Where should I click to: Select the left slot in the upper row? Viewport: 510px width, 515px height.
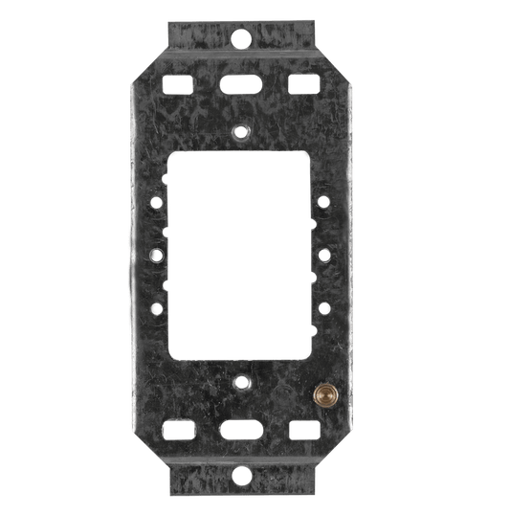(179, 83)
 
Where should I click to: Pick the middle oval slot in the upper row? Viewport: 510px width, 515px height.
(239, 83)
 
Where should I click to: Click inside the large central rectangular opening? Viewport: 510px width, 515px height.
(242, 257)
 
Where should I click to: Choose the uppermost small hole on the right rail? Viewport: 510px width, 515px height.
(325, 204)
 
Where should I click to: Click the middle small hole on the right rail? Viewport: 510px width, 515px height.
(325, 256)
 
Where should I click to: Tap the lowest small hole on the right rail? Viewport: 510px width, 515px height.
(325, 307)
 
